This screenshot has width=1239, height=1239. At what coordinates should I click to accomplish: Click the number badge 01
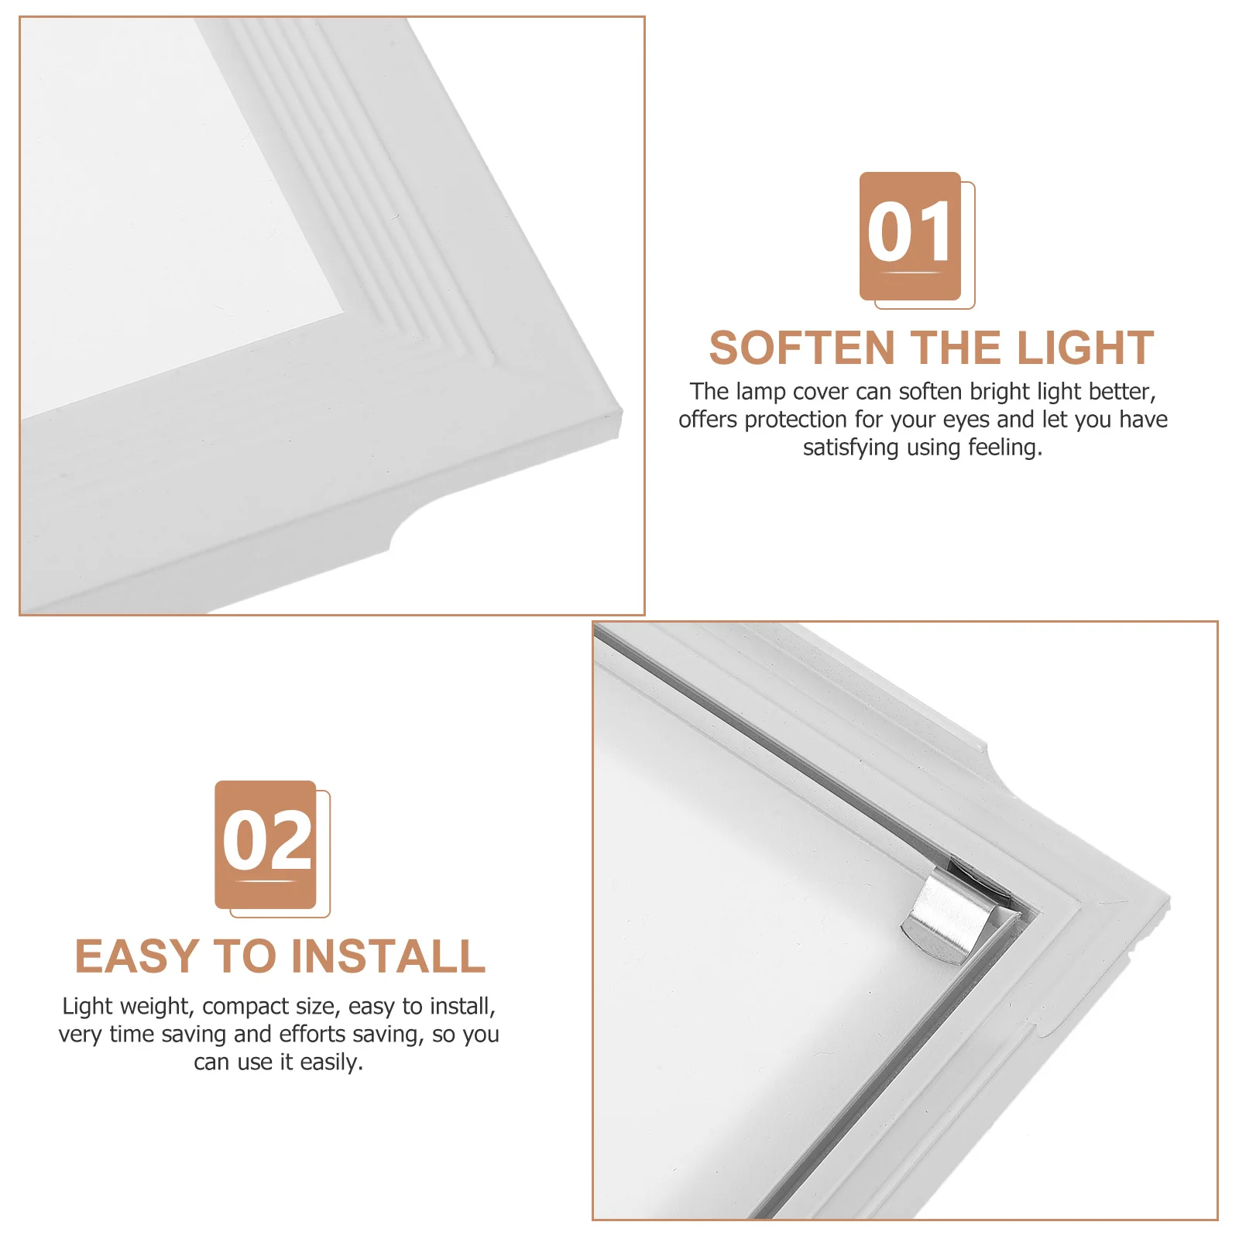(x=910, y=235)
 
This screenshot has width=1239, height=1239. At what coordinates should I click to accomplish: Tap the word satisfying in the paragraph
(x=849, y=448)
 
